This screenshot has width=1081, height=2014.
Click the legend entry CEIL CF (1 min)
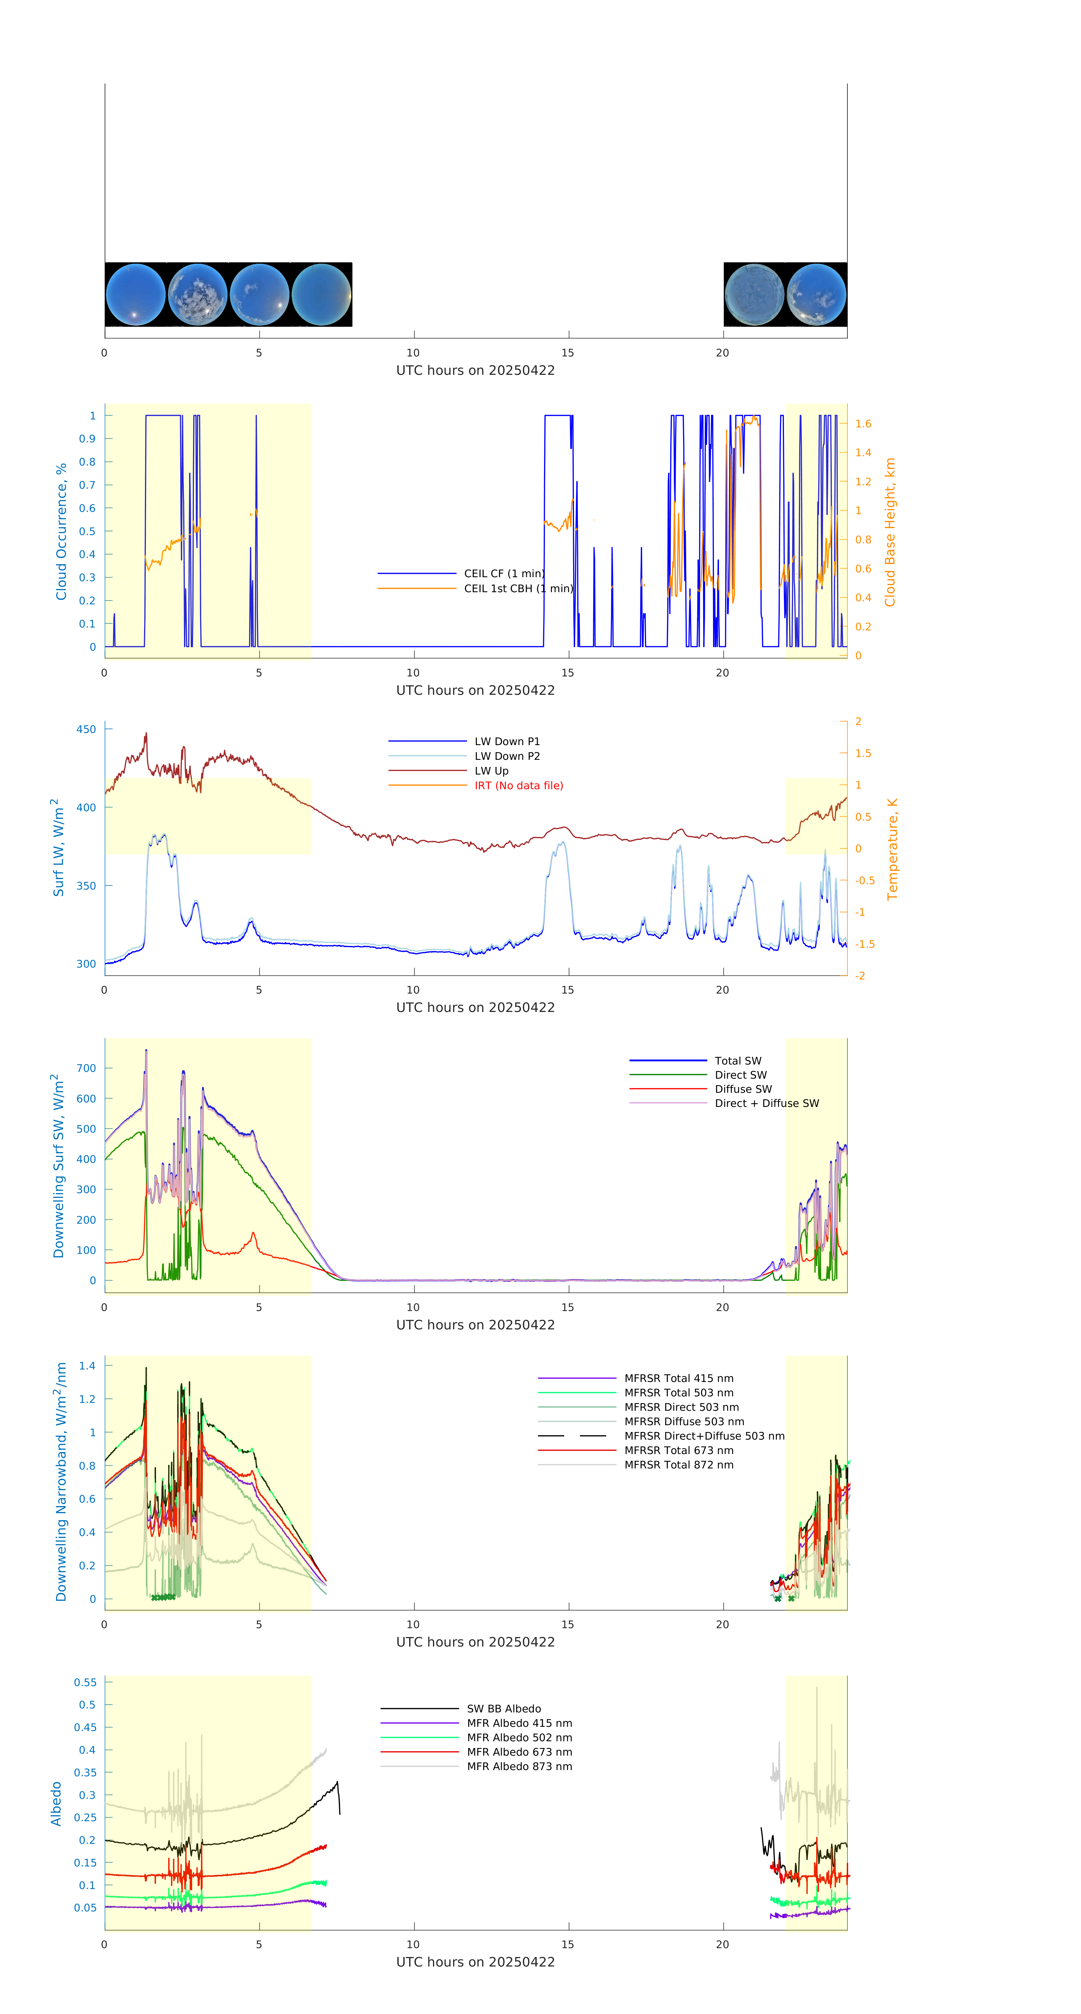click(503, 573)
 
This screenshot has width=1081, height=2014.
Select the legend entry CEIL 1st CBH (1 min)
click(517, 588)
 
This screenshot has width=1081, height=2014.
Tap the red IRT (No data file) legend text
click(518, 785)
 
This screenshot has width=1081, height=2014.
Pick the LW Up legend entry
click(491, 770)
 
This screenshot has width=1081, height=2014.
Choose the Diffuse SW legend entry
click(742, 1088)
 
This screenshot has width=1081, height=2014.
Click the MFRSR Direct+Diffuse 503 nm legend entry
click(703, 1435)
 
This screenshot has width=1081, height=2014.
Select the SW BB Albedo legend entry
click(503, 1708)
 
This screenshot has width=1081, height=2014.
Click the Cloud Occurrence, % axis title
click(61, 532)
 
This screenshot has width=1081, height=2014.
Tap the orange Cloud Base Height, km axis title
click(889, 532)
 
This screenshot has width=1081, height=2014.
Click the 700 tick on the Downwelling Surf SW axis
click(86, 1068)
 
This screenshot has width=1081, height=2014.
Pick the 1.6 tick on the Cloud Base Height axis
click(863, 424)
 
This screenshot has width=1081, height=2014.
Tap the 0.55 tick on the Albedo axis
click(85, 1682)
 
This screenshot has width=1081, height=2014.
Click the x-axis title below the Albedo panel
click(475, 1962)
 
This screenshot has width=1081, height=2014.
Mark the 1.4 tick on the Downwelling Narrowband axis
click(87, 1366)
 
